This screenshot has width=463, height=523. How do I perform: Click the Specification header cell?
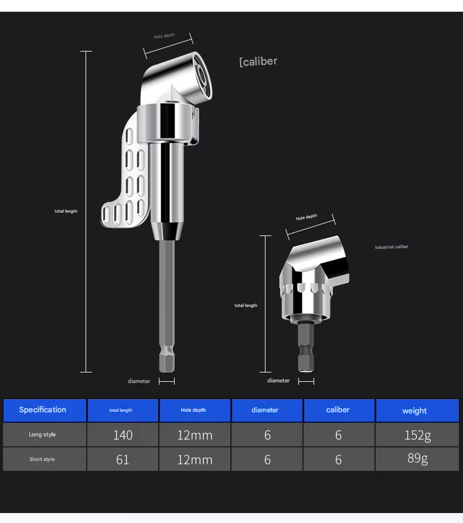[45, 410]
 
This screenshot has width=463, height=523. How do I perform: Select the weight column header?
[417, 411]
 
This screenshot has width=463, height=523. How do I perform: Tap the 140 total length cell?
[123, 435]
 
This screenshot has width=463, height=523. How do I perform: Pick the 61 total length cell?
[123, 460]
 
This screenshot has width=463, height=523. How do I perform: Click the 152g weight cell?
[417, 435]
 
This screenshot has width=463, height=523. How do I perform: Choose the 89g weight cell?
[417, 459]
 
